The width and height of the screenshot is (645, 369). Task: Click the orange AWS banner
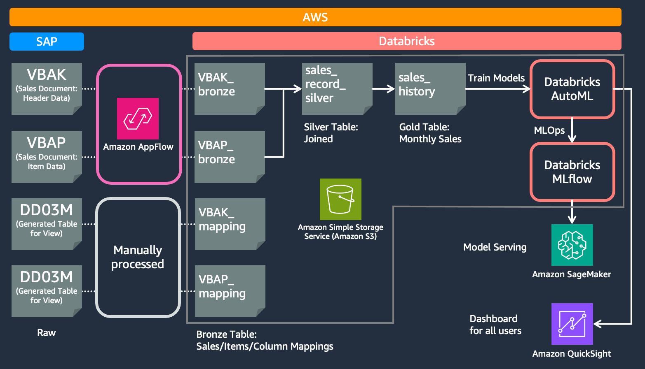click(315, 17)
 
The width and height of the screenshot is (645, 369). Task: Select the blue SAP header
click(47, 42)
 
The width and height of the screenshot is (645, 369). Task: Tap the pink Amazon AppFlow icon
click(138, 118)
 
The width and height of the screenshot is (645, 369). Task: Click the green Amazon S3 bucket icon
click(340, 199)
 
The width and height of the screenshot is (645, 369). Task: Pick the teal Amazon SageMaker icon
click(572, 245)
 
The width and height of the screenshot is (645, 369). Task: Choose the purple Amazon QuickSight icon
click(572, 324)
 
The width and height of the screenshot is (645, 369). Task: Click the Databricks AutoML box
click(572, 89)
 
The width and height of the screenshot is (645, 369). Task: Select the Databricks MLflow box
click(572, 172)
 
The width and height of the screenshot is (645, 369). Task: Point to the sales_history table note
click(430, 88)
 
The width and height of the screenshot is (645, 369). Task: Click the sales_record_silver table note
click(337, 88)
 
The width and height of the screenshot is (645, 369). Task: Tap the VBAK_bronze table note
click(229, 88)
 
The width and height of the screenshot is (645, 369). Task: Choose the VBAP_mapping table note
click(230, 291)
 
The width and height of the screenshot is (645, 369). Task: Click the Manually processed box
click(138, 258)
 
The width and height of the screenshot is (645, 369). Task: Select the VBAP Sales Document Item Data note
click(47, 157)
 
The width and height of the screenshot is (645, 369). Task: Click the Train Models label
click(496, 78)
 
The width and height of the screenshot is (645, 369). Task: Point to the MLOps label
click(549, 130)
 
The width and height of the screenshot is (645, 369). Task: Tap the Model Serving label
click(495, 247)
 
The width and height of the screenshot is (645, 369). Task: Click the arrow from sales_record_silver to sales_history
click(383, 88)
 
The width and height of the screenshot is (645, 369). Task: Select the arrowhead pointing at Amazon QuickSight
click(597, 324)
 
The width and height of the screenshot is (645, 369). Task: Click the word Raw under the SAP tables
click(46, 333)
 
